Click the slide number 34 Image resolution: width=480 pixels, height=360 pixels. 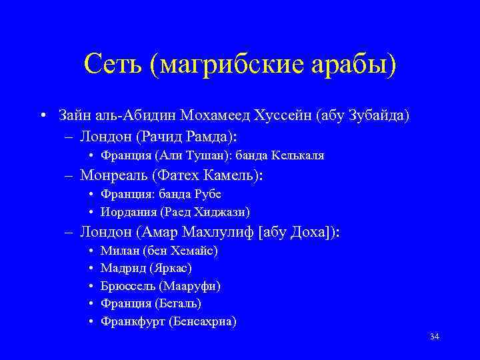point(435,337)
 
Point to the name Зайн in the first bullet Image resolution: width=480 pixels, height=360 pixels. point(73,115)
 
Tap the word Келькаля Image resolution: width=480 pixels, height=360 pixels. point(298,155)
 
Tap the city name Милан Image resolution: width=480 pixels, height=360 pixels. point(117,251)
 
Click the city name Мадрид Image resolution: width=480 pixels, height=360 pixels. point(119,268)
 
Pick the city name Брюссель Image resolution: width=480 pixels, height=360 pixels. point(127,286)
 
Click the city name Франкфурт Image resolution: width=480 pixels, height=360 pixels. point(132,321)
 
